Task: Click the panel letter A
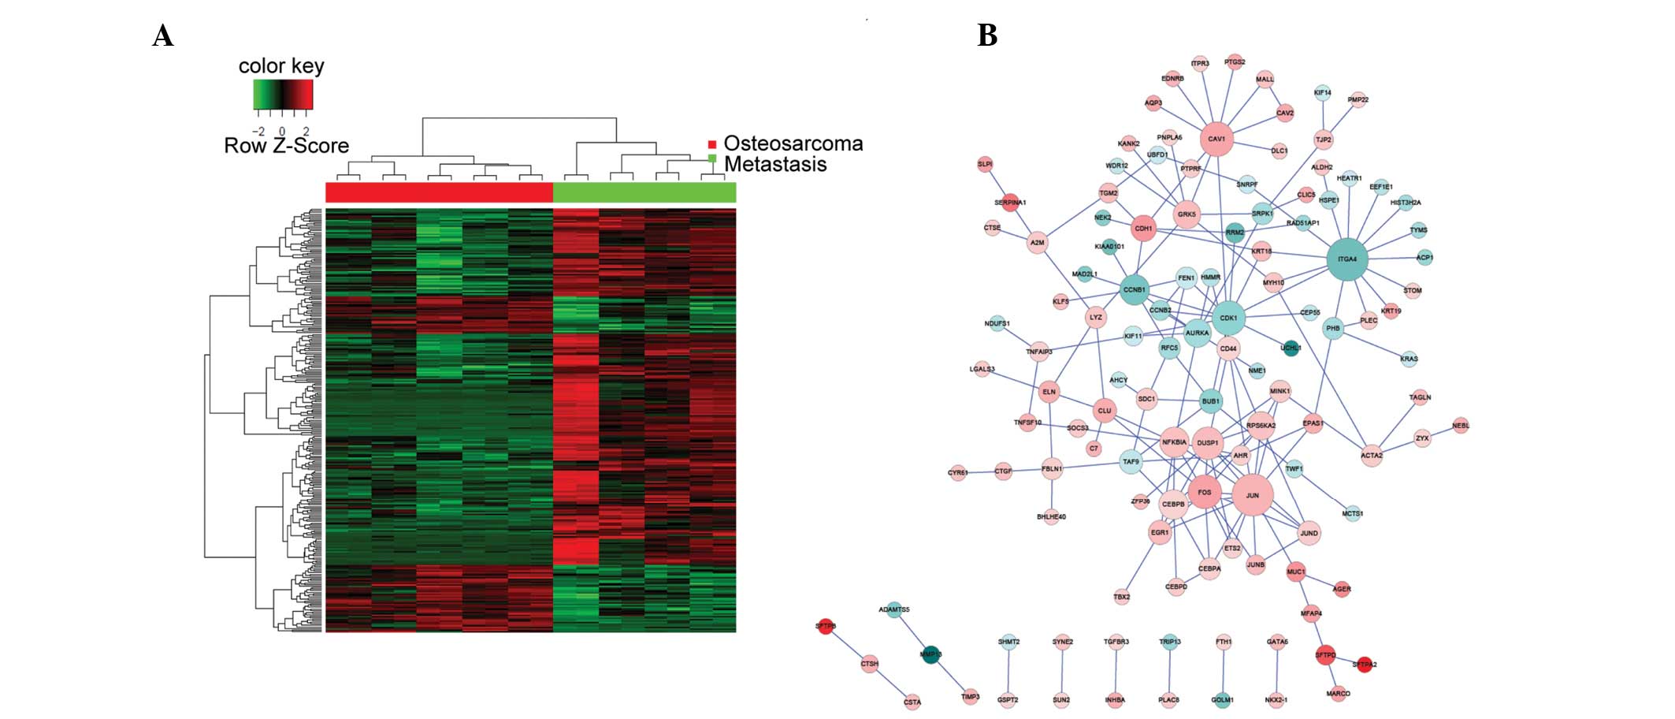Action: [x=162, y=36]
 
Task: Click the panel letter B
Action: [x=986, y=35]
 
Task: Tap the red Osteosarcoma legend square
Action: [x=712, y=144]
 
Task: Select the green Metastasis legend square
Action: [x=712, y=158]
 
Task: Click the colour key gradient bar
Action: [x=283, y=95]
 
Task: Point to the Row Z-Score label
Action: [x=286, y=146]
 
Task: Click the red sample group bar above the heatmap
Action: [x=439, y=192]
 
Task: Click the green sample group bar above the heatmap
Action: [x=644, y=192]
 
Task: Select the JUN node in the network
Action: [x=1252, y=495]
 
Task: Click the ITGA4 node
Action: [x=1347, y=259]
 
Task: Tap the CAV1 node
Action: [x=1216, y=139]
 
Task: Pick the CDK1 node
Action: [x=1228, y=318]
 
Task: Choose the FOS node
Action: [x=1204, y=493]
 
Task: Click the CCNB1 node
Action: [x=1134, y=289]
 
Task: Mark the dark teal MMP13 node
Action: [x=931, y=654]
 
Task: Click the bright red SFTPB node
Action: [x=825, y=627]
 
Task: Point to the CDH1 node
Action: [x=1143, y=229]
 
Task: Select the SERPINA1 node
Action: [x=1010, y=203]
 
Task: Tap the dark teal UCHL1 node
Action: [x=1291, y=348]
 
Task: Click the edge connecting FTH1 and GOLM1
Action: [x=1223, y=671]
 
